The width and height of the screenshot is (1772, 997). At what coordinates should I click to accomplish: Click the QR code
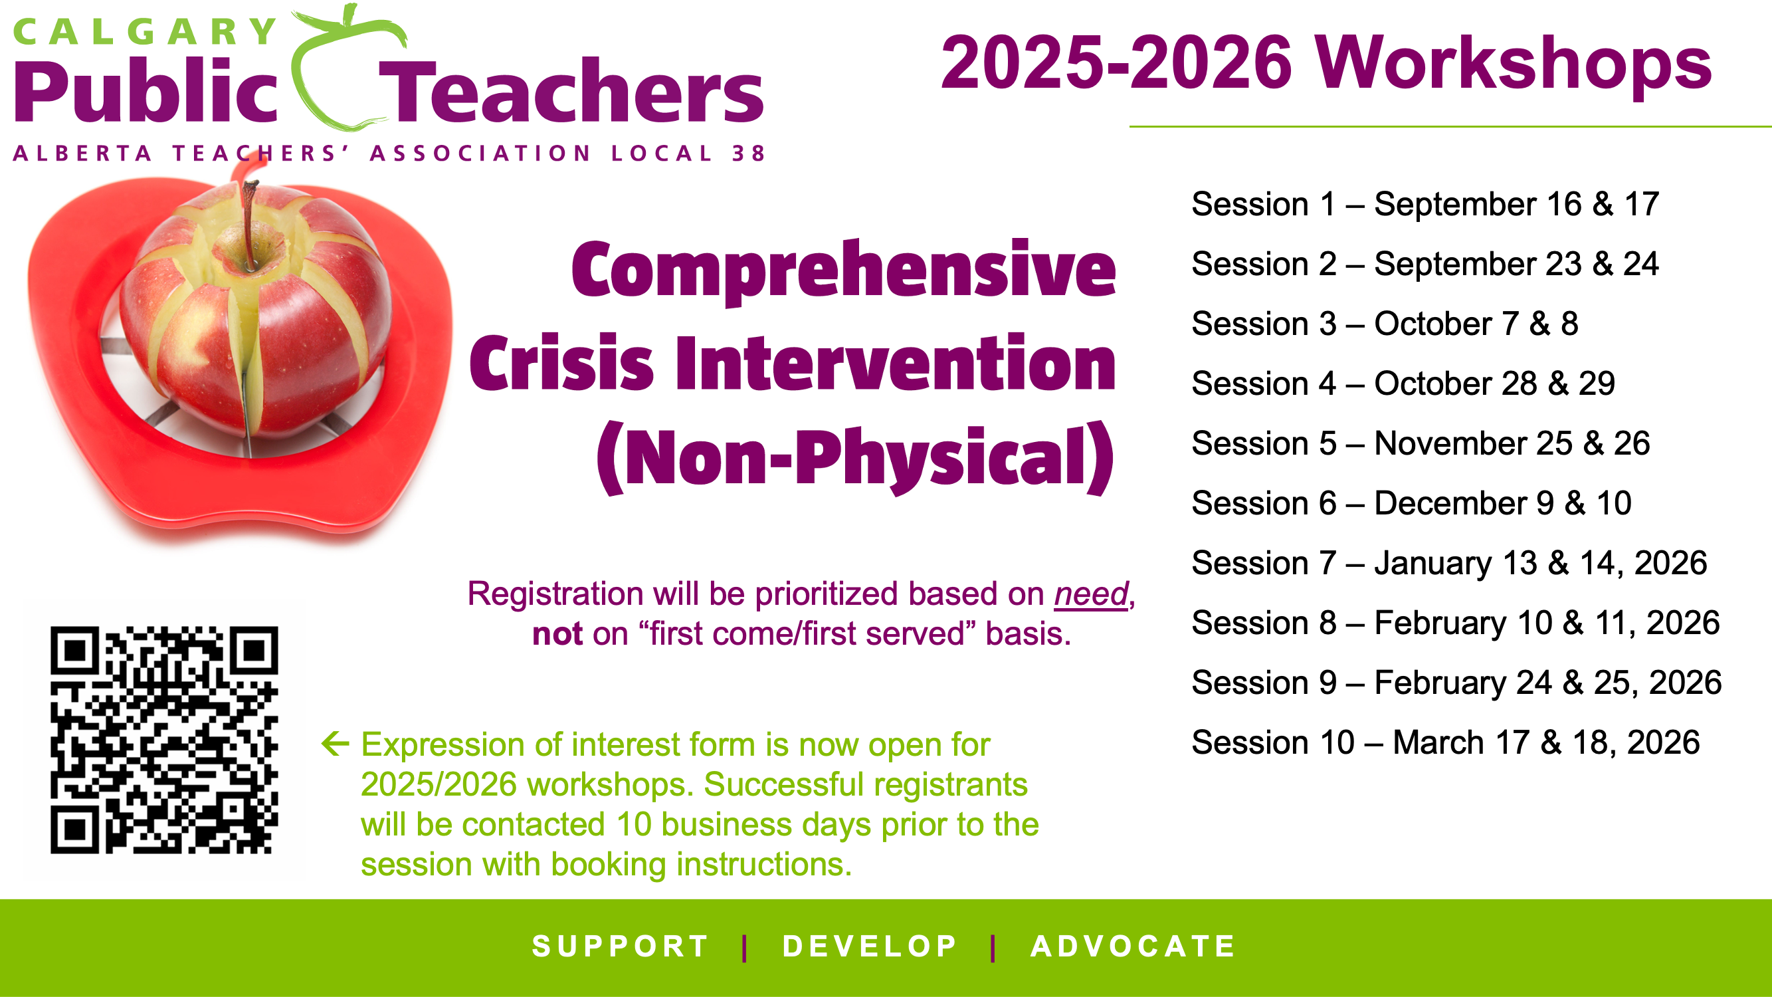[x=163, y=740]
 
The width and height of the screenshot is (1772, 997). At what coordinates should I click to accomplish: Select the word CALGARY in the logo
[x=144, y=32]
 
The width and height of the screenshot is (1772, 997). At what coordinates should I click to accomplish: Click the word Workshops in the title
[x=1513, y=62]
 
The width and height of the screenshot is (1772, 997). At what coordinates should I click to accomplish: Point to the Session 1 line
[x=1425, y=204]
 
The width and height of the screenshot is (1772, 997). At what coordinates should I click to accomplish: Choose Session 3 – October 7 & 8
[x=1385, y=324]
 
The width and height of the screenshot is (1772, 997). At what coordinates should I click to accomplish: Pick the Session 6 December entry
[x=1411, y=503]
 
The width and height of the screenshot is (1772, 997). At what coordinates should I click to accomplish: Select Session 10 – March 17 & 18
[x=1446, y=742]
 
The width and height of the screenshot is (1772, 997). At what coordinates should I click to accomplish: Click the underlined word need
[x=1092, y=594]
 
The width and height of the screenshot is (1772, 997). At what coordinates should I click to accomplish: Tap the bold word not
[x=558, y=633]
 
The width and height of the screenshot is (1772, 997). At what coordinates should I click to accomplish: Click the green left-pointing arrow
[x=336, y=743]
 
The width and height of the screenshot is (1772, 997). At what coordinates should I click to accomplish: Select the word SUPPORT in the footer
[x=621, y=946]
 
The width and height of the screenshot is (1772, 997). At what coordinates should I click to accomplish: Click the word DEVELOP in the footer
[x=870, y=946]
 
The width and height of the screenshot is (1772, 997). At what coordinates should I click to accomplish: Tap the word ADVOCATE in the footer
[x=1133, y=946]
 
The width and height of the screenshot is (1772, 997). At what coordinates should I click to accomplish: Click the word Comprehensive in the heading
[x=843, y=270]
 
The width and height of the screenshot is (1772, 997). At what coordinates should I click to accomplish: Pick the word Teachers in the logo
[x=571, y=91]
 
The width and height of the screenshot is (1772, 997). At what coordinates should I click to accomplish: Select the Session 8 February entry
[x=1456, y=623]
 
